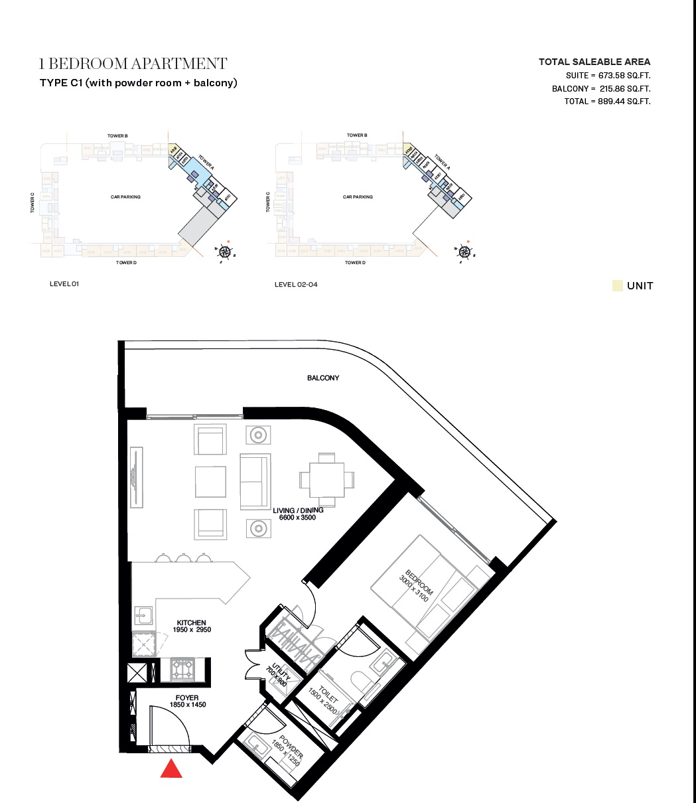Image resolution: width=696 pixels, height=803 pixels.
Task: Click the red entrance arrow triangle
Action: click(x=172, y=769)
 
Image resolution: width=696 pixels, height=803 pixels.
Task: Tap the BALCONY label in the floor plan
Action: click(x=323, y=378)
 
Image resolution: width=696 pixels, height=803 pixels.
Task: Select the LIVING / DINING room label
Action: click(x=298, y=514)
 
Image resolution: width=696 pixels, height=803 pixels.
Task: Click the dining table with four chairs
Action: click(x=326, y=479)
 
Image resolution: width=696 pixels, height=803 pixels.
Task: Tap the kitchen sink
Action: click(x=144, y=617)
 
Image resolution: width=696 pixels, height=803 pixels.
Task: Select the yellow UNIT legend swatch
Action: click(x=617, y=286)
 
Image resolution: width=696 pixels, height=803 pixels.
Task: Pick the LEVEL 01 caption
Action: click(x=64, y=284)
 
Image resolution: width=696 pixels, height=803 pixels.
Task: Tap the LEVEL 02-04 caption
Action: click(x=295, y=284)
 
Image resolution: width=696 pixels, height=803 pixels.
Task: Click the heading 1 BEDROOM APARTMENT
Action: click(x=133, y=64)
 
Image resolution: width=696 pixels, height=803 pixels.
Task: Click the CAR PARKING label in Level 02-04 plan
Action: click(x=358, y=197)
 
